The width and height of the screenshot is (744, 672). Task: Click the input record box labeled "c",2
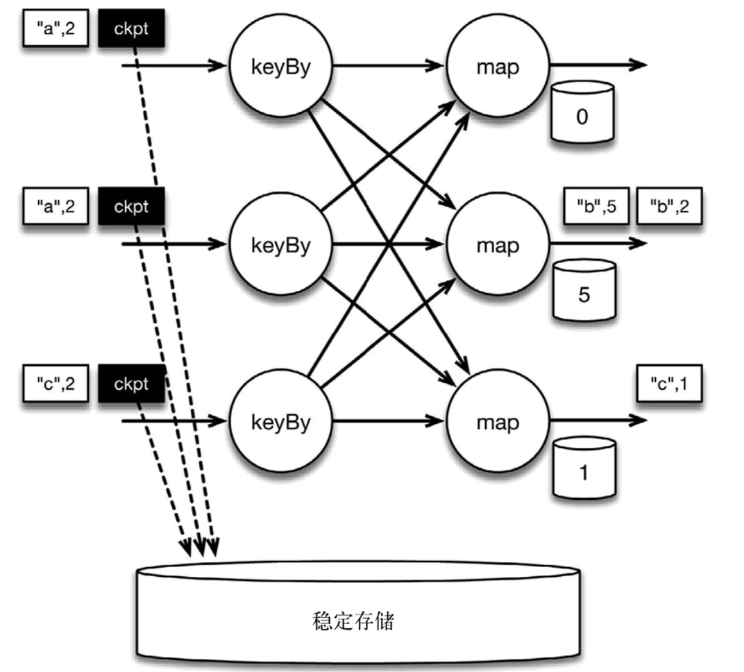tap(55, 383)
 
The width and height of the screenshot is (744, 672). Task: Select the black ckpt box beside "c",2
tap(131, 383)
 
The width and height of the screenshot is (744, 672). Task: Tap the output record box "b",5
tap(595, 205)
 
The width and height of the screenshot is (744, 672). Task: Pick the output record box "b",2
tap(670, 205)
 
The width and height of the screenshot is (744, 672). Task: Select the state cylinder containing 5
tap(583, 289)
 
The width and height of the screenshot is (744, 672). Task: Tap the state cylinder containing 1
tap(583, 467)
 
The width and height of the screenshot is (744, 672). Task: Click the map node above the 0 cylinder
tap(498, 68)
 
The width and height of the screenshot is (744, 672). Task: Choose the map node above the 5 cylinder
tap(498, 245)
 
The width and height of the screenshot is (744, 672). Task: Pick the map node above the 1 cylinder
tap(498, 422)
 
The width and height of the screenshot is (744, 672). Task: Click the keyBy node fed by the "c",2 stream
tap(281, 422)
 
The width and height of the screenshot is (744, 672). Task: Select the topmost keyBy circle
tap(281, 68)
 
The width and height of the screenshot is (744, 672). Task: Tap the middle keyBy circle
tap(281, 245)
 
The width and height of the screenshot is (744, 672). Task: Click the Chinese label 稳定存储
tap(353, 620)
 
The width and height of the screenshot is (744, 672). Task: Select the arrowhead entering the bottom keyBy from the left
tap(221, 421)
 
